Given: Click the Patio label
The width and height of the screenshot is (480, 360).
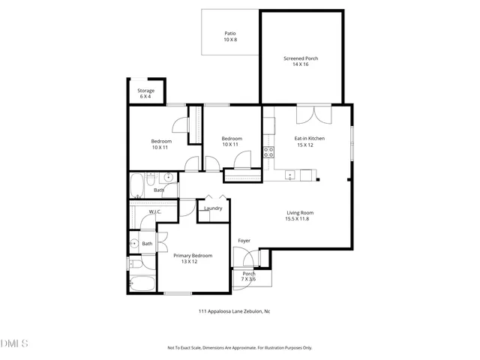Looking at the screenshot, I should pyautogui.click(x=229, y=36).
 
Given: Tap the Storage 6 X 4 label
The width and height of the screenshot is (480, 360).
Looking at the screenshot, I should pyautogui.click(x=145, y=94).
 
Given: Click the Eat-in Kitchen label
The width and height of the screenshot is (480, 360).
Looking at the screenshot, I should pyautogui.click(x=309, y=141).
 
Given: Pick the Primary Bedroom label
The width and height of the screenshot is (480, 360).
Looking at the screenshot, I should pyautogui.click(x=193, y=259).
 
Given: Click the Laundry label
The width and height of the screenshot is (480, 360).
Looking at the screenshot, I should pyautogui.click(x=214, y=208).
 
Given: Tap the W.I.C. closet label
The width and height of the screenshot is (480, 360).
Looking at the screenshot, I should pyautogui.click(x=155, y=212).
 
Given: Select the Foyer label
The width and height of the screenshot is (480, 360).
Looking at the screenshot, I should pyautogui.click(x=244, y=241).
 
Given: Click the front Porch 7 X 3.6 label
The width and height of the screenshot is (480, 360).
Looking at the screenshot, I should pyautogui.click(x=249, y=277).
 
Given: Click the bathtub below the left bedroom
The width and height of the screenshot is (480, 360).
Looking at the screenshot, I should pyautogui.click(x=139, y=184).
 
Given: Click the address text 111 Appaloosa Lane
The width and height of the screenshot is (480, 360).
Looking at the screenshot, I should pyautogui.click(x=233, y=310).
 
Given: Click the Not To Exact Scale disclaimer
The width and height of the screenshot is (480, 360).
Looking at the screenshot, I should pyautogui.click(x=239, y=348).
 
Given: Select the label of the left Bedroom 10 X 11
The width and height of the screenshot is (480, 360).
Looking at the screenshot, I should pyautogui.click(x=161, y=145).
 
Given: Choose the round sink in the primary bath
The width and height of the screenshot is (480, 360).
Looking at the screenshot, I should pyautogui.click(x=133, y=243).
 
